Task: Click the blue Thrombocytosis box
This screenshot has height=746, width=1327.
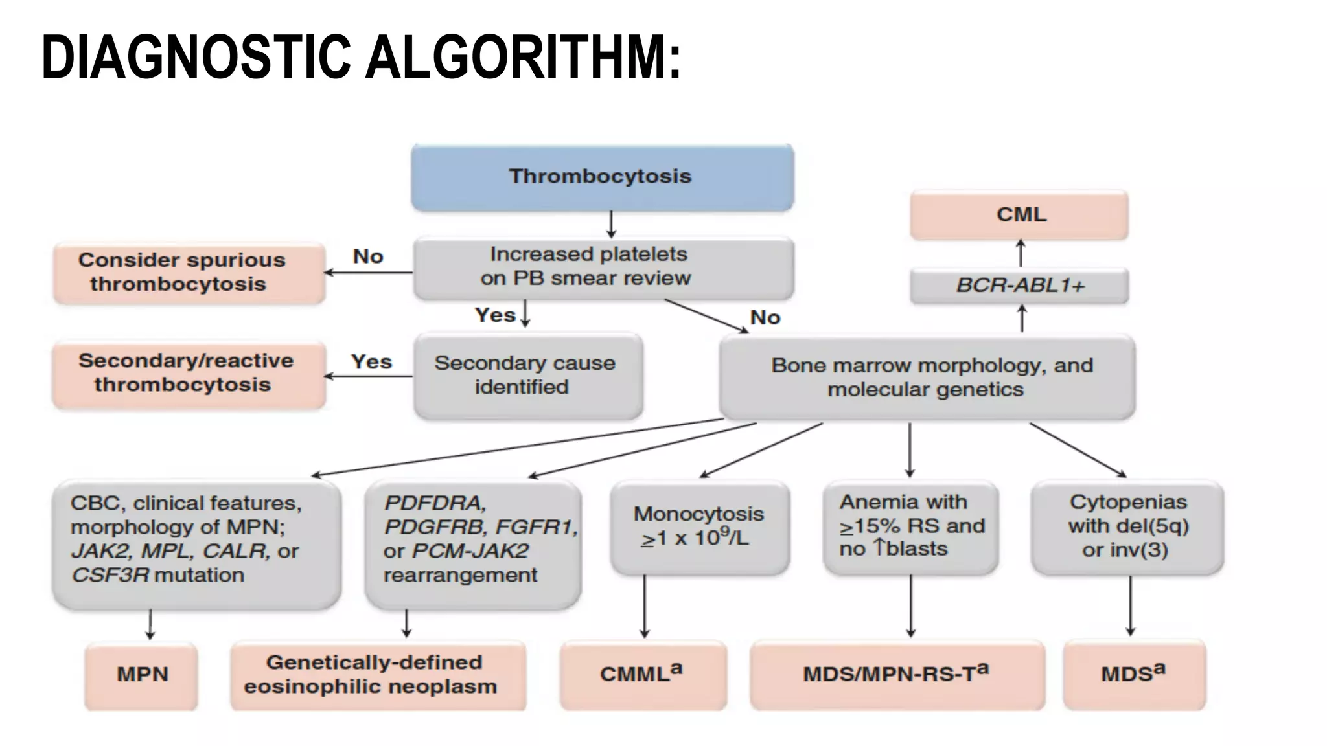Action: coord(602,177)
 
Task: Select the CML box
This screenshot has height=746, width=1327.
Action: coord(1019,215)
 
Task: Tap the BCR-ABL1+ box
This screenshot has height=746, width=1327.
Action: coord(1019,286)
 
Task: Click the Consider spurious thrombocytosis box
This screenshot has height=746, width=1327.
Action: coord(189,273)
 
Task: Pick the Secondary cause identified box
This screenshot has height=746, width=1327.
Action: coord(528,376)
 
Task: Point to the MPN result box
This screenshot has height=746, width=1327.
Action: coord(141,675)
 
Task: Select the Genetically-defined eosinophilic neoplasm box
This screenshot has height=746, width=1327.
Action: coord(378,675)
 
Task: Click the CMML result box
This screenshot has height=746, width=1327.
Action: coord(643,675)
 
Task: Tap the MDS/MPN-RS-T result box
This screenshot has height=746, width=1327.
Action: coord(897,675)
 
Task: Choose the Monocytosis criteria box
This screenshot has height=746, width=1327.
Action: coord(700,527)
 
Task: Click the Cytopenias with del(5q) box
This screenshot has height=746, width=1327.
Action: coord(1127,526)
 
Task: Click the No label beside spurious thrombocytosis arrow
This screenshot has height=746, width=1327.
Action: coord(368,256)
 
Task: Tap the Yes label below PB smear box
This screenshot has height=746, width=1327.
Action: coord(496,315)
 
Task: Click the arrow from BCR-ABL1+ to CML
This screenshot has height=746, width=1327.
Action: coord(1021,253)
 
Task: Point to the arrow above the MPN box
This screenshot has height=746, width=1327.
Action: coord(150,624)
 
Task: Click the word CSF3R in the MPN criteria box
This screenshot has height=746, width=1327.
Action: coord(110,575)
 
